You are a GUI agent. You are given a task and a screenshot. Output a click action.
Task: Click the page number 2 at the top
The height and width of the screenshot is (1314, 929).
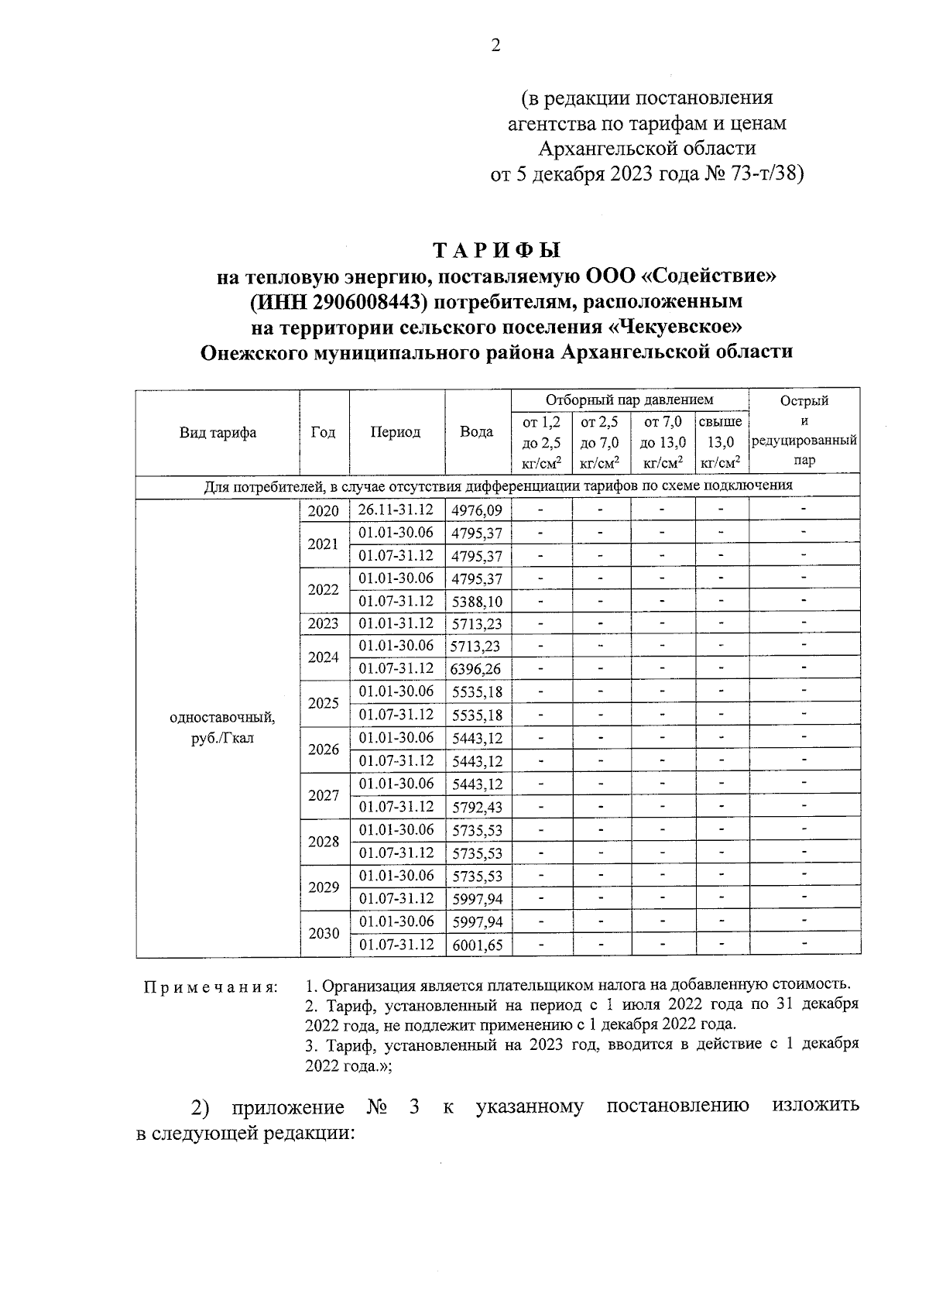495,46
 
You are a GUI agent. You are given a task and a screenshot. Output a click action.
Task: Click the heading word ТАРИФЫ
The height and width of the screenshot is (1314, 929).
496,251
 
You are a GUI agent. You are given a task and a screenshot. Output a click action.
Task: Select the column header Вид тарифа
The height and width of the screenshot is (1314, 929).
218,433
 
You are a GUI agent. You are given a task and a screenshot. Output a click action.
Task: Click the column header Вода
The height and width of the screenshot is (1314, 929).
477,432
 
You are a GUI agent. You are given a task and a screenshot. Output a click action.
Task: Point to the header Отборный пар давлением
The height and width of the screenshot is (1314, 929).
629,400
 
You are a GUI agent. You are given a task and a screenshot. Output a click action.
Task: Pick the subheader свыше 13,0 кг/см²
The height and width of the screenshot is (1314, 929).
721,442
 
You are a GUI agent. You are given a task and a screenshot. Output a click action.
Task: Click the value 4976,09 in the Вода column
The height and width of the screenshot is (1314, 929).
477,510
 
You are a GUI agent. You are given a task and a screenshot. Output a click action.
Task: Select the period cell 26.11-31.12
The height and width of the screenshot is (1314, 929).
396,510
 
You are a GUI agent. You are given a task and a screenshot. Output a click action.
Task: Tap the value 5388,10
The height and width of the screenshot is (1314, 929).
477,602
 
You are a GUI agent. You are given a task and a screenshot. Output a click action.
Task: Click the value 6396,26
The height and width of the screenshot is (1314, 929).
476,668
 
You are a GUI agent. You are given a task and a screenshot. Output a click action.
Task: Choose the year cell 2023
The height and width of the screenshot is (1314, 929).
324,623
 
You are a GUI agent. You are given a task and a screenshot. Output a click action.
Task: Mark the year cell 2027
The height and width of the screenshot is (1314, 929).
324,796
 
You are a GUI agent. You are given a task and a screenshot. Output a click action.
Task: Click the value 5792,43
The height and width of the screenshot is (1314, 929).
477,807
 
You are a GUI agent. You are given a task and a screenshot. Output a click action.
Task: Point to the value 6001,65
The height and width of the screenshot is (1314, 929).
477,945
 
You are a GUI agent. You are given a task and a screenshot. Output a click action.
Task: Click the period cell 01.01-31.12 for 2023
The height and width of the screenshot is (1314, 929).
396,623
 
